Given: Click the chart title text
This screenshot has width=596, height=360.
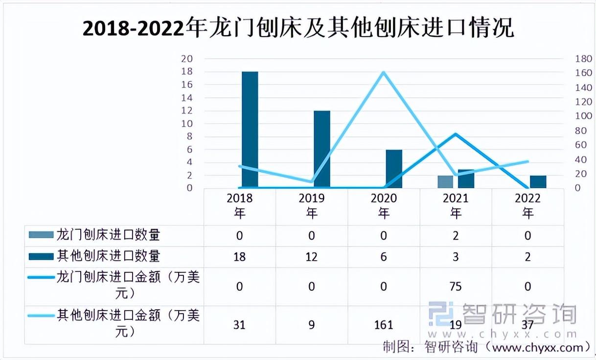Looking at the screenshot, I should [x=298, y=28].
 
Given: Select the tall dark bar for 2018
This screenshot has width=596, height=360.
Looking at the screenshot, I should [x=250, y=130].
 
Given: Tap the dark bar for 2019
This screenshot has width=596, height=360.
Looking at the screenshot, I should [x=322, y=149].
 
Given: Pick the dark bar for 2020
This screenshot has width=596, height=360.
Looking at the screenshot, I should [x=394, y=169].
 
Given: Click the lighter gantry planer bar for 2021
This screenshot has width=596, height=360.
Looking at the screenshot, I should [x=445, y=181].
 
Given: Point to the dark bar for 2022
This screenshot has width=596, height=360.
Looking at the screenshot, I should [x=538, y=181].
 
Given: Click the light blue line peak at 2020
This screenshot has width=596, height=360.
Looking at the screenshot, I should [x=384, y=73].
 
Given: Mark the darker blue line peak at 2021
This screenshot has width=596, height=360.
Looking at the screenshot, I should [x=456, y=134].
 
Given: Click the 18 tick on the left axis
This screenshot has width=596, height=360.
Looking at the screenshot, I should [x=187, y=72].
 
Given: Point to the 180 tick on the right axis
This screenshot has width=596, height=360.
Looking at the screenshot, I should [x=584, y=59].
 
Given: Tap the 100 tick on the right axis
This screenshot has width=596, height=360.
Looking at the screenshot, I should [x=584, y=116].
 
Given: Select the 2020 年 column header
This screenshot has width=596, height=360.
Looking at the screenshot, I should [x=384, y=205].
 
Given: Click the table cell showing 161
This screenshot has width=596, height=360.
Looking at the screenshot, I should [x=384, y=324].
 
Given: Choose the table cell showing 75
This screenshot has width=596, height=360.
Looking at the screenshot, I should [x=456, y=286].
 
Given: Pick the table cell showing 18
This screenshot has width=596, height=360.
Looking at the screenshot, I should [x=239, y=257].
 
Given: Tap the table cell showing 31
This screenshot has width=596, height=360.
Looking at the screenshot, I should [x=239, y=324].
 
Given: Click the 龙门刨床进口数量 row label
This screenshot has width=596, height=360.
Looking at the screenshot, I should [x=108, y=235].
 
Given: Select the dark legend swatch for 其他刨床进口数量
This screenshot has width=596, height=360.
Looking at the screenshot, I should [x=41, y=256].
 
